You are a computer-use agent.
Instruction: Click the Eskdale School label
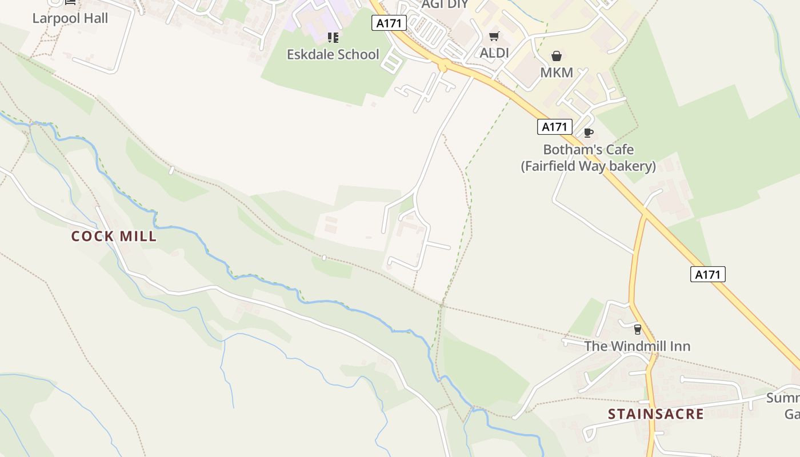click(x=333, y=54)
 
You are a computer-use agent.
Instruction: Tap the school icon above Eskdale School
click(x=333, y=38)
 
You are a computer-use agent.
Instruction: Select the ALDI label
click(x=494, y=53)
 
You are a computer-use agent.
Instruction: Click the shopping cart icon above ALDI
click(x=494, y=37)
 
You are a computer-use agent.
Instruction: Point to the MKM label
click(x=556, y=73)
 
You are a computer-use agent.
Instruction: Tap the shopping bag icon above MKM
click(x=556, y=56)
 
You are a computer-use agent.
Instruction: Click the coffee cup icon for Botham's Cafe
click(x=588, y=133)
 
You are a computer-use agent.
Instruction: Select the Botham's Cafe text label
click(x=588, y=150)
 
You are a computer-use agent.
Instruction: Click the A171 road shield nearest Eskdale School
click(x=389, y=23)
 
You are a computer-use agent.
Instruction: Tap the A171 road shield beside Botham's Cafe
click(x=554, y=127)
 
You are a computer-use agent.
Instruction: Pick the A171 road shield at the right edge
click(x=707, y=274)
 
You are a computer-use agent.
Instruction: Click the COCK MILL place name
click(x=114, y=236)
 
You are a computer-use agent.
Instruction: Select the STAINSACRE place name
click(x=655, y=414)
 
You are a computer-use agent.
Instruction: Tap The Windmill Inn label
click(x=637, y=346)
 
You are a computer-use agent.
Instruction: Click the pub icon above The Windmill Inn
click(x=637, y=330)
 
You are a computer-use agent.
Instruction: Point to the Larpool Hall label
click(x=70, y=18)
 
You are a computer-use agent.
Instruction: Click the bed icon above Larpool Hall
click(x=70, y=2)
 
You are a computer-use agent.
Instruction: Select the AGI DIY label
click(x=445, y=5)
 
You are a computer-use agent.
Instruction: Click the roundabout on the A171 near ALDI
click(x=442, y=67)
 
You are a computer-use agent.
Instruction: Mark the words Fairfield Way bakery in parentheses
click(x=588, y=166)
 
